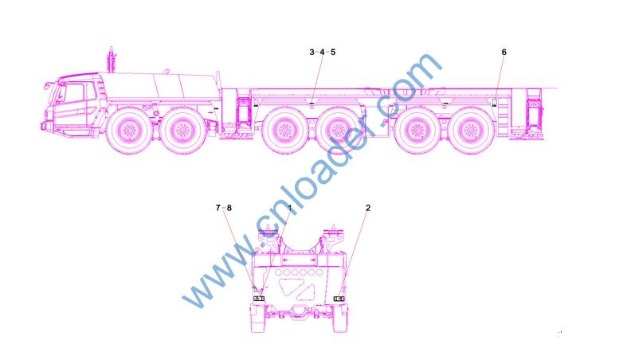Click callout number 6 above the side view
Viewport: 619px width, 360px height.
[503, 52]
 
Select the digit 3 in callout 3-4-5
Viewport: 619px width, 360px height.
[311, 52]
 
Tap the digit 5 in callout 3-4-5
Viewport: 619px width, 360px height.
[333, 52]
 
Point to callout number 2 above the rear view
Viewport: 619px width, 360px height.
[368, 208]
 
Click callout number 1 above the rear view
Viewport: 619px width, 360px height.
[290, 208]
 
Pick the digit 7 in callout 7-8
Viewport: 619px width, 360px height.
[218, 208]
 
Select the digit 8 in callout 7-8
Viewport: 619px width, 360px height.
[229, 208]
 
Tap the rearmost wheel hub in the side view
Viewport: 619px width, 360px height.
[470, 130]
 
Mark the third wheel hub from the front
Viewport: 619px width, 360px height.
[284, 130]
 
